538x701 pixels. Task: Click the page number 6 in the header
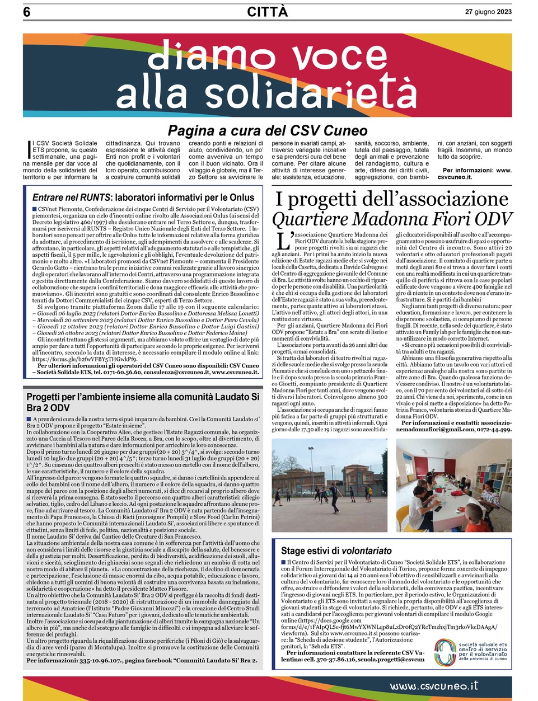27,12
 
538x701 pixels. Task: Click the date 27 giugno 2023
488,12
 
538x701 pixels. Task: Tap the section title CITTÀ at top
268,12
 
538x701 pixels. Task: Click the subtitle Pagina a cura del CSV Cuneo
268,131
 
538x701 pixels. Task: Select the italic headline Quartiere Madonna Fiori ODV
392,219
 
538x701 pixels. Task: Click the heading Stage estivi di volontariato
336,551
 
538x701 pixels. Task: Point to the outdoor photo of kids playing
329,485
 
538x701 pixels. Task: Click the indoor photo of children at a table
453,485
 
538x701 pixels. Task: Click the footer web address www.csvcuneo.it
434,685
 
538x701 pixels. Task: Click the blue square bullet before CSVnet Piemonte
35,209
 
